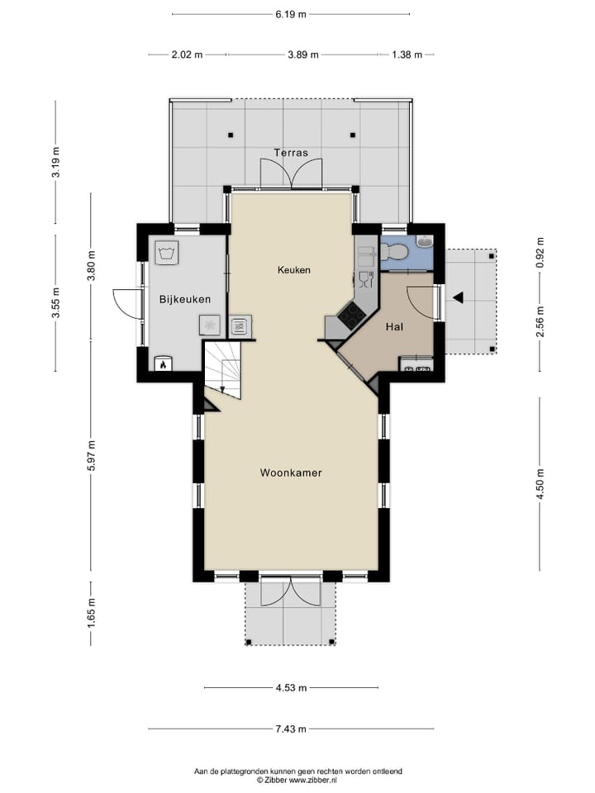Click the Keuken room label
(x=293, y=269)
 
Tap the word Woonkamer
(x=290, y=473)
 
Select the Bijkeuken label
(x=185, y=299)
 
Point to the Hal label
(x=394, y=327)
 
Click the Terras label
(x=290, y=153)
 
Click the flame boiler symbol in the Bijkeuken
(x=163, y=363)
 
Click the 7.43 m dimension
(x=290, y=729)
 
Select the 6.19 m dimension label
(x=290, y=14)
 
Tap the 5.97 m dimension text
(x=92, y=453)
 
